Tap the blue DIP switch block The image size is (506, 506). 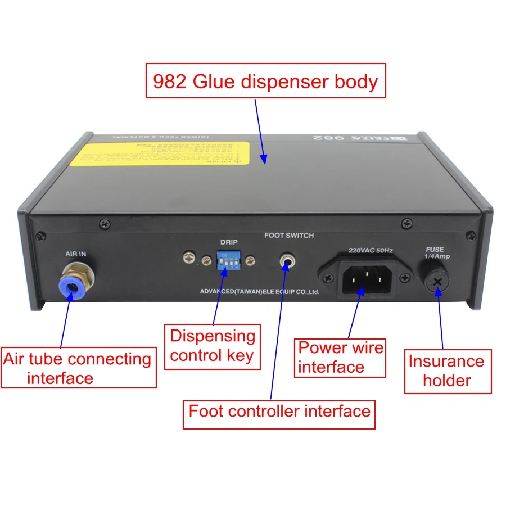225,262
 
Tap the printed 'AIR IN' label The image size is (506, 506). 75,254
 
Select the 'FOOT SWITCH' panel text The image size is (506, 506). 289,236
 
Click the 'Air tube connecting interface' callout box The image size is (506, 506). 78,368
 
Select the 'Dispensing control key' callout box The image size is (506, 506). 213,346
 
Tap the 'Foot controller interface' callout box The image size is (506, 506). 279,411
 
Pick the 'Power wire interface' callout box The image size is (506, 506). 340,358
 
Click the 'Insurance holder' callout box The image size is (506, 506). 446,371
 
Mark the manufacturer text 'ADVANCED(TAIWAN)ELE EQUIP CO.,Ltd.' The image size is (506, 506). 260,292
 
